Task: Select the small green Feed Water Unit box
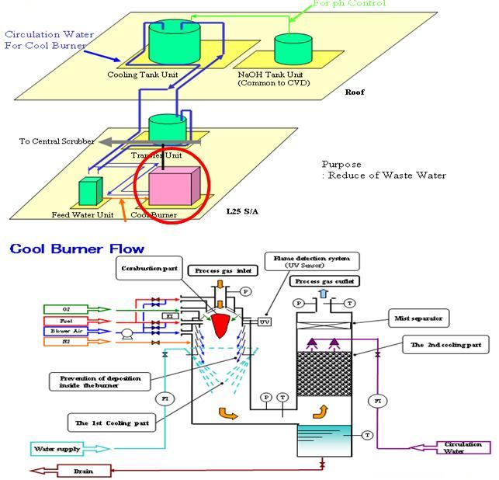pyautogui.click(x=90, y=191)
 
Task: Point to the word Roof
pyautogui.click(x=355, y=92)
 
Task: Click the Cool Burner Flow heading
pyautogui.click(x=77, y=249)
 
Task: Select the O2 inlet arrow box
pyautogui.click(x=75, y=309)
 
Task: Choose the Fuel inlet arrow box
pyautogui.click(x=75, y=320)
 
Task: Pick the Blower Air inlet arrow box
pyautogui.click(x=75, y=331)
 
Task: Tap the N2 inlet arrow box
pyautogui.click(x=75, y=341)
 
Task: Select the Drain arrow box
pyautogui.click(x=71, y=471)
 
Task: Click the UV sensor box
pyautogui.click(x=265, y=320)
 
